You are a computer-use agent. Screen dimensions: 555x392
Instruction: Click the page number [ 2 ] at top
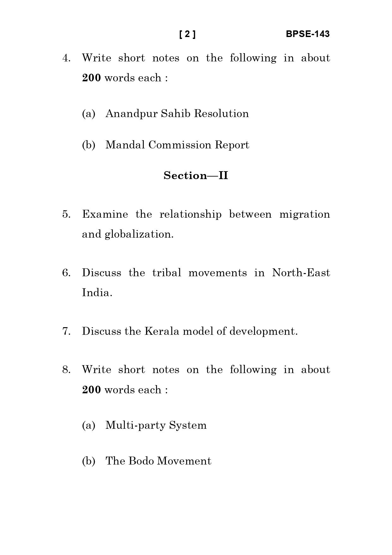[x=187, y=34]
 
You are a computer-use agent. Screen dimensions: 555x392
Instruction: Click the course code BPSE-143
[x=307, y=34]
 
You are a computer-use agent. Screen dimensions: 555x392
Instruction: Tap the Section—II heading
[x=196, y=176]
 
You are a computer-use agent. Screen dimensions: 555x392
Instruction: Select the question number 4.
[x=66, y=58]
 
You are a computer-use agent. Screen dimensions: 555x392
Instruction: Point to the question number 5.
[x=66, y=215]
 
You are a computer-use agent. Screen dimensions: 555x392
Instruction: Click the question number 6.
[x=66, y=273]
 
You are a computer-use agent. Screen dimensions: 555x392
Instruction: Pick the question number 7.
[x=66, y=331]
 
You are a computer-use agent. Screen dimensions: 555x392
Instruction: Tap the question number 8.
[x=66, y=370]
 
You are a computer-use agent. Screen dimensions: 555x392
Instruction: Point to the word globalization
[x=139, y=234]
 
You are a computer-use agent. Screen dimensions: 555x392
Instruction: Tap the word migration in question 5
[x=305, y=215]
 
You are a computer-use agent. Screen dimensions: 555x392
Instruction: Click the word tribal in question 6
[x=166, y=273]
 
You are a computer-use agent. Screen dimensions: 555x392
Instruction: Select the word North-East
[x=301, y=273]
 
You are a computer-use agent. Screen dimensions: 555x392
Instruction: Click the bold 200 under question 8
[x=91, y=390]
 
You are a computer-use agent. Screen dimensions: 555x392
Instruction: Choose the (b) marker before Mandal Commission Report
[x=88, y=145]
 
